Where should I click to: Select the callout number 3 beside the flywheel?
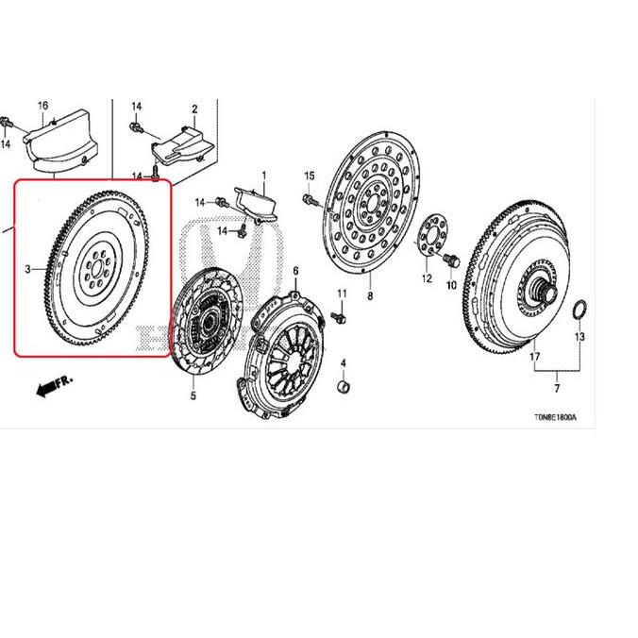(29, 269)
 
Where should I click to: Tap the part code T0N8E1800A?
(556, 415)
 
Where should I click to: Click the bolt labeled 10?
(449, 260)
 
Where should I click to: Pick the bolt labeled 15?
(310, 199)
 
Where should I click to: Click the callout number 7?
(556, 389)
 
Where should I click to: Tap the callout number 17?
(534, 358)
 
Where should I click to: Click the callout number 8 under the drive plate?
(370, 296)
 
